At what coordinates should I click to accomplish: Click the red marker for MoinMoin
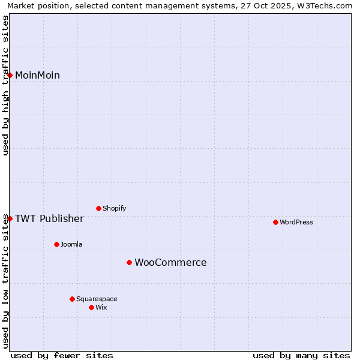coord(10,75)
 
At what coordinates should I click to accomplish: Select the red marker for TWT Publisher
coord(10,218)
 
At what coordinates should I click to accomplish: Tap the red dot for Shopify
coord(99,208)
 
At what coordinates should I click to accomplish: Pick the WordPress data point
coord(275,222)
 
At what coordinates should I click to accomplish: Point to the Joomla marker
coord(57,244)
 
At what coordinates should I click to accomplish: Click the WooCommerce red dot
coord(129,262)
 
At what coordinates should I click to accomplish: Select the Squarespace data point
coord(72,299)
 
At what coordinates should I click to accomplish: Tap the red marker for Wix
coord(91,307)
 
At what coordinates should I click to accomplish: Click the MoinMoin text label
coord(37,75)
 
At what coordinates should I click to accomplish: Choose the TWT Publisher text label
coord(49,218)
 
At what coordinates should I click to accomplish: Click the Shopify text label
coord(114,208)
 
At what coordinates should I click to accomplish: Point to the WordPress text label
coord(296,222)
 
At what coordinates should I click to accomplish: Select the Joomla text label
coord(71,244)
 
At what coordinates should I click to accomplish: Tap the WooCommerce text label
coord(170,262)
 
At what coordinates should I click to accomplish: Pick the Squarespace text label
coord(97,299)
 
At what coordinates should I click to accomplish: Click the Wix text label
coord(101,307)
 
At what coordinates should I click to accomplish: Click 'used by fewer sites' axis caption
coord(62,355)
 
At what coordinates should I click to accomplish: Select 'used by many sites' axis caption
coord(301,355)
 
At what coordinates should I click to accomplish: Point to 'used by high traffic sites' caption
coord(6,85)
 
